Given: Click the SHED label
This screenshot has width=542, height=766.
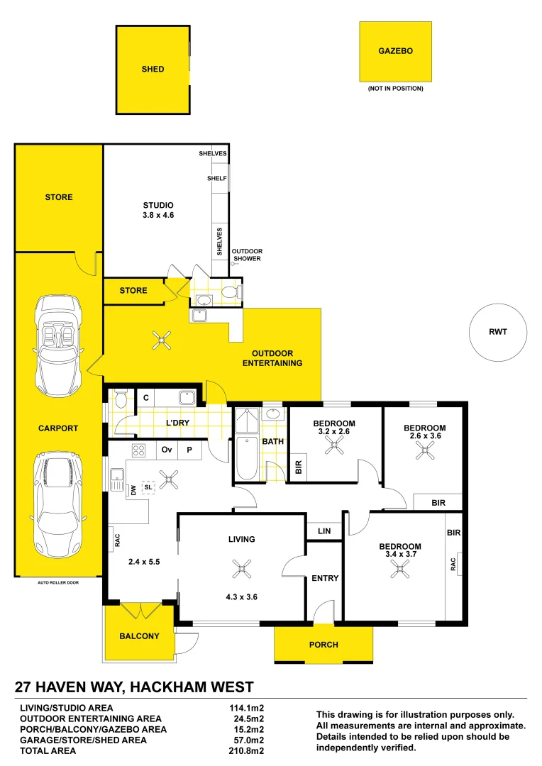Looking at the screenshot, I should pos(153,70).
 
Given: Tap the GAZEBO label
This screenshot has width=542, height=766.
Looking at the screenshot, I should pos(395,51).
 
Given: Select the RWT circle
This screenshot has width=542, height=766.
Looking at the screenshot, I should pos(498,331).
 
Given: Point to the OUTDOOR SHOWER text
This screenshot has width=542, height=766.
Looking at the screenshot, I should pos(248,255).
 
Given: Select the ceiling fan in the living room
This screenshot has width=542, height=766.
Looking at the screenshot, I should pos(242,567).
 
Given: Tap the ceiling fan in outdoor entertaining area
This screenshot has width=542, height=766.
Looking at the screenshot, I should pos(163,341).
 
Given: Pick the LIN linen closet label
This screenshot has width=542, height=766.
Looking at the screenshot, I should pos(324,531).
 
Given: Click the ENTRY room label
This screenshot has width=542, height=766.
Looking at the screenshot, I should pos(325,579).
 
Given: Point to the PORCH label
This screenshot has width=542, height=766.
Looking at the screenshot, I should pos(323,645).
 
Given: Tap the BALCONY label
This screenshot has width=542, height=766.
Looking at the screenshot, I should pos(139,636).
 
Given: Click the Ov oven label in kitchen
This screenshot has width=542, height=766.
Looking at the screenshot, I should pos(167,450).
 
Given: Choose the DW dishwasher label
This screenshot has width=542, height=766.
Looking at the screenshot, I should pos(133,489).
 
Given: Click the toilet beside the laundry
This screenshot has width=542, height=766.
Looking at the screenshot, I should pos(120,399).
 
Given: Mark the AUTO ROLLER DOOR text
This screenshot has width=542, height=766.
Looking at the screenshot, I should pos(58,582).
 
